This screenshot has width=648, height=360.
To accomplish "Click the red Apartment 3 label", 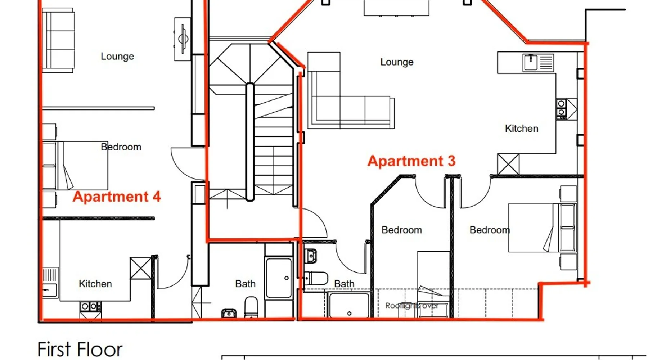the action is (411, 161).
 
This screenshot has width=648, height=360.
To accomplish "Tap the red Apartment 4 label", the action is (117, 197).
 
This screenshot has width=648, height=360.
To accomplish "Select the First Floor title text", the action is (80, 349).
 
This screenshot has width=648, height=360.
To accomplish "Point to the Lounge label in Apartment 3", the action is (397, 62).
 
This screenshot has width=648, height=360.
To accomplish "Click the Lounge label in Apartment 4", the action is (117, 56).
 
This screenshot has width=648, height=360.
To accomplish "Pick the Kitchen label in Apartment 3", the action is (522, 129).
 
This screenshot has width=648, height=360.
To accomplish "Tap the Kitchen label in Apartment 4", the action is (95, 284).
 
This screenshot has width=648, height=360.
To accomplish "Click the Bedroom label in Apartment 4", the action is (121, 147).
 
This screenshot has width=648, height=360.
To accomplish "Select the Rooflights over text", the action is (412, 306).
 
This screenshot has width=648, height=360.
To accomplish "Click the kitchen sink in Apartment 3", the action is (538, 63).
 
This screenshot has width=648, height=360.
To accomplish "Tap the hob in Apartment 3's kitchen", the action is (561, 109).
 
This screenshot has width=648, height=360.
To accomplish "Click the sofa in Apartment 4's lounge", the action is (58, 40).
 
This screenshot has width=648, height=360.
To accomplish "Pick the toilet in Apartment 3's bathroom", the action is (316, 278).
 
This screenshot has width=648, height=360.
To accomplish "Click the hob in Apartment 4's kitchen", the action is (90, 307).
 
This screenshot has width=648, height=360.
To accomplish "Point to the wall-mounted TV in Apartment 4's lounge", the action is (183, 38).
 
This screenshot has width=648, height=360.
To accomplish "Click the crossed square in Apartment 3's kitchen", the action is (508, 164).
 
